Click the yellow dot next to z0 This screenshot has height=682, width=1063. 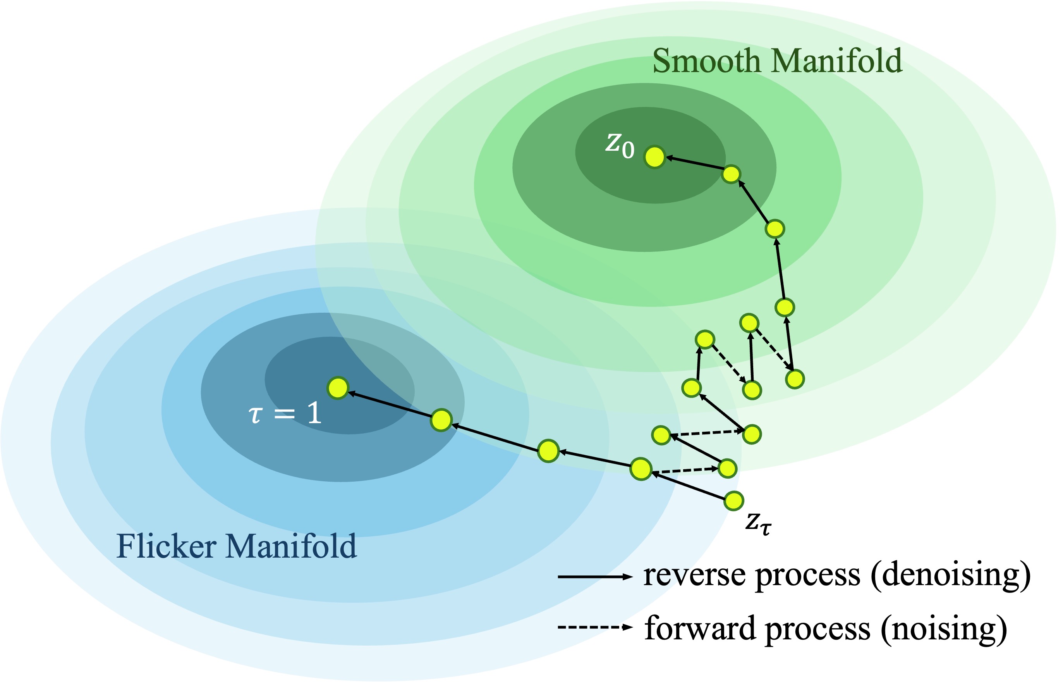654,157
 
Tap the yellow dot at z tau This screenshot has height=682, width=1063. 734,501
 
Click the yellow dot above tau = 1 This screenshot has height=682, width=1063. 338,388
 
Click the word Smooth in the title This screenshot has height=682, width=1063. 706,61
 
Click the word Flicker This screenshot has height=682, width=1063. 167,546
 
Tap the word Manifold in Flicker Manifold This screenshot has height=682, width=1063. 291,546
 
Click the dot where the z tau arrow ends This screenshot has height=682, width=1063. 641,469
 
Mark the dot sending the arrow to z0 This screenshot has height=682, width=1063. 731,174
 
